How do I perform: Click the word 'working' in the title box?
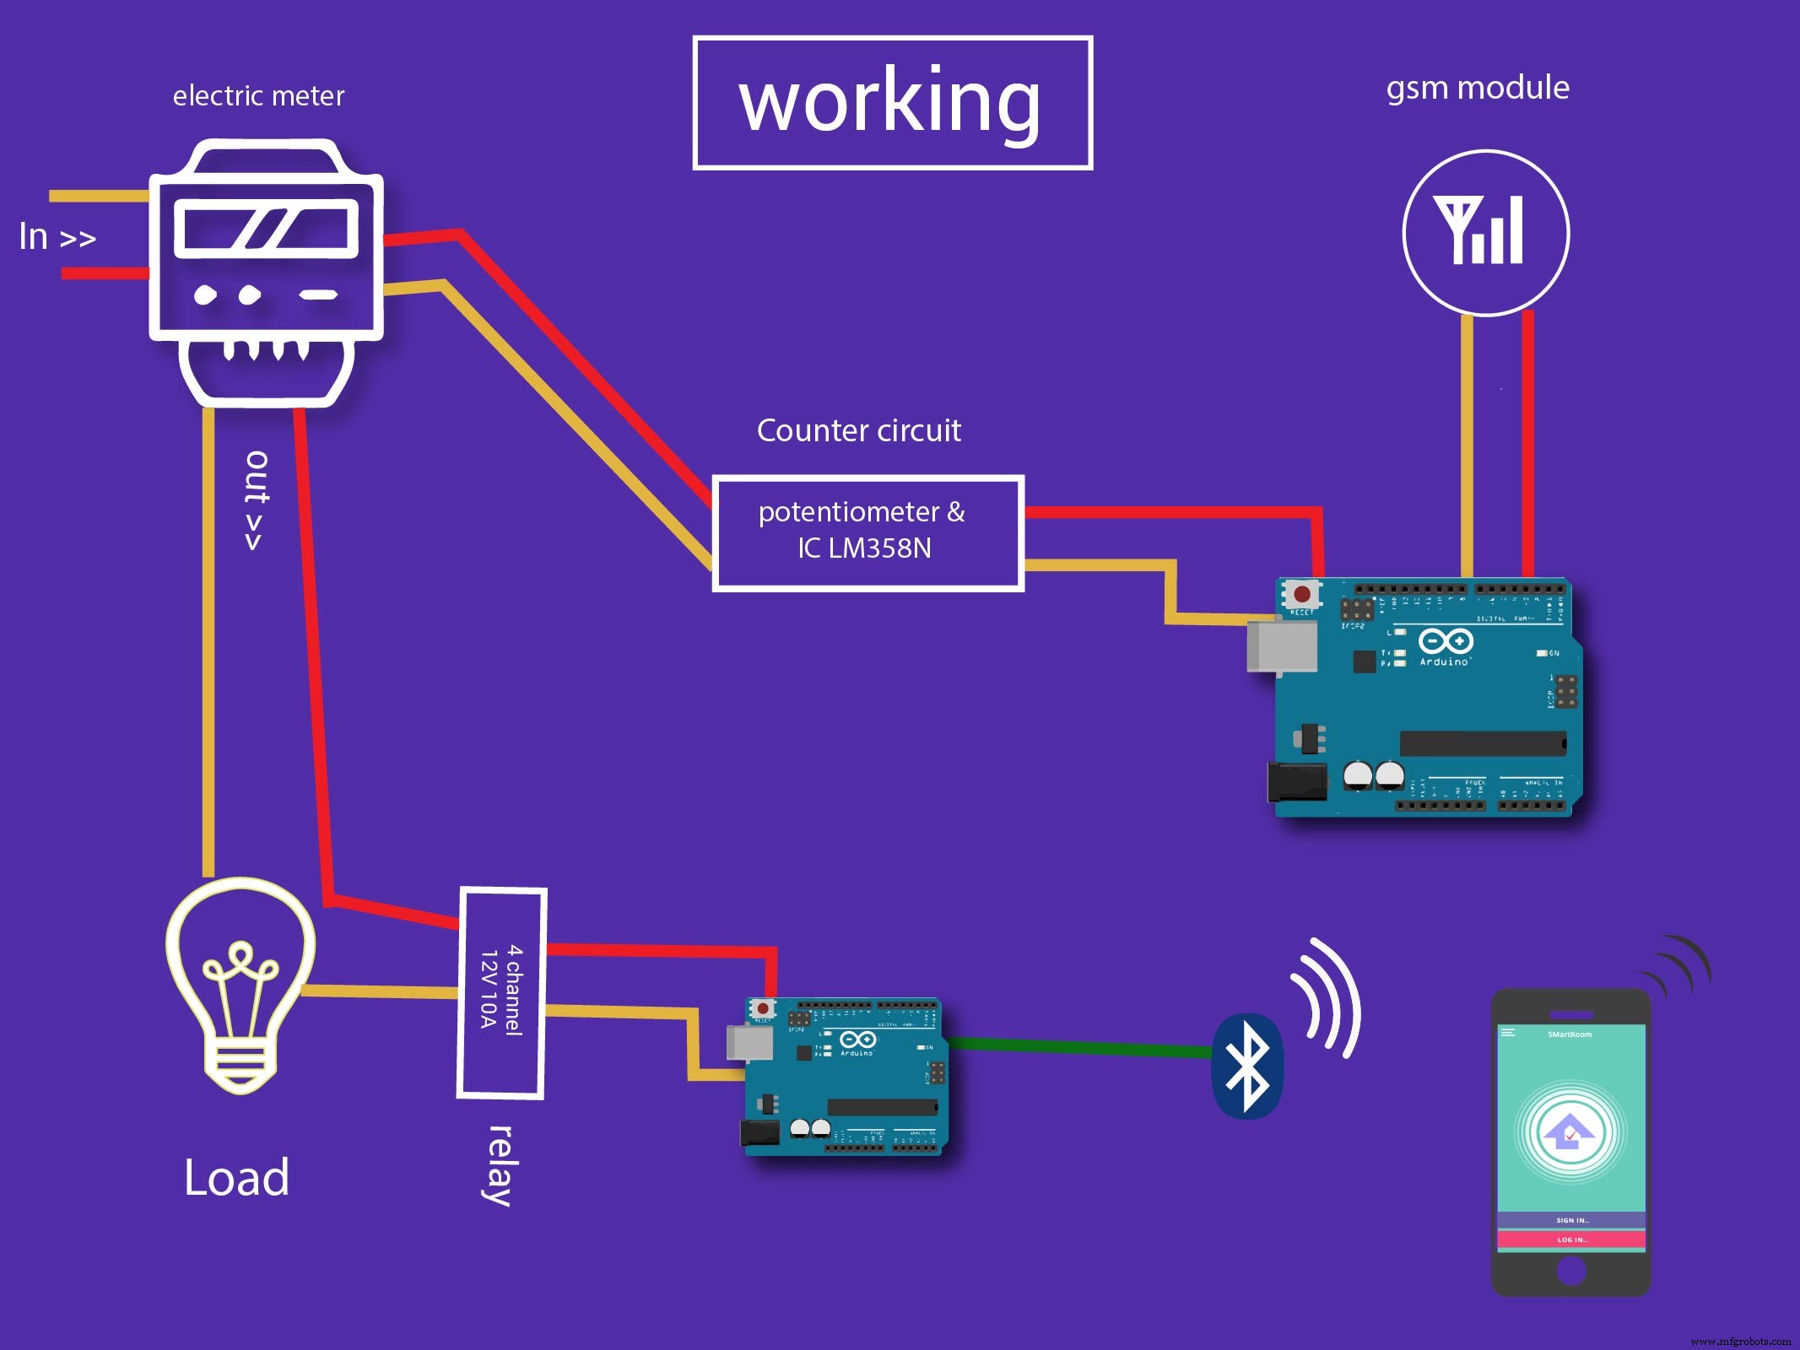point(890,102)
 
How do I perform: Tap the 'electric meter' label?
point(258,96)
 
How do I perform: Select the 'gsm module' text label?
point(1478,88)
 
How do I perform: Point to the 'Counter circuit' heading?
point(858,431)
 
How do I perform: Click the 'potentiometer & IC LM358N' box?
point(868,532)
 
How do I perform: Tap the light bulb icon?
point(241,983)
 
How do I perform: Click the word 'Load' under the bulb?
point(237,1178)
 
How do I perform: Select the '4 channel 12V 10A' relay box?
point(501,992)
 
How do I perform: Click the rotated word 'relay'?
point(500,1165)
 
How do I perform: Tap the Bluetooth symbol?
point(1247,1066)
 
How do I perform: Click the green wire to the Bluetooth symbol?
point(1080,1047)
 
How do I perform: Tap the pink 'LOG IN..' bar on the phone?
point(1571,1239)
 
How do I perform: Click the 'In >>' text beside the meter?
point(57,237)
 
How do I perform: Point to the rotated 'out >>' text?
point(256,500)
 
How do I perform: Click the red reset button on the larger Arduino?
point(1302,594)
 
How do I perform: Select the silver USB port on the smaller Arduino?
point(749,1043)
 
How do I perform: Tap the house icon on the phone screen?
point(1570,1131)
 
